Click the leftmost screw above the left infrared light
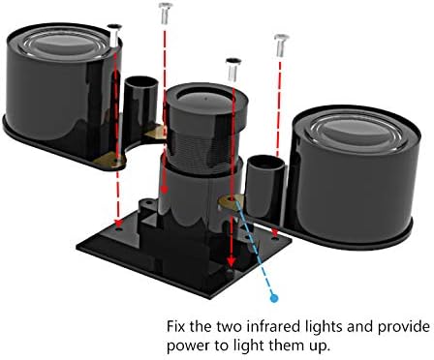[114, 35]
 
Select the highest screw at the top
[166, 13]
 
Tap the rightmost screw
[281, 45]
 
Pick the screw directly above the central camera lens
[233, 70]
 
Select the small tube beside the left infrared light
[140, 103]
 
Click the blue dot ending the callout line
[274, 298]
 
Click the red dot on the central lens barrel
[165, 190]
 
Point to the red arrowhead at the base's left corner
[118, 224]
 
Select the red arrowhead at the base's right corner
[275, 233]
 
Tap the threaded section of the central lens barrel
[204, 148]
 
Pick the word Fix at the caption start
[176, 326]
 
